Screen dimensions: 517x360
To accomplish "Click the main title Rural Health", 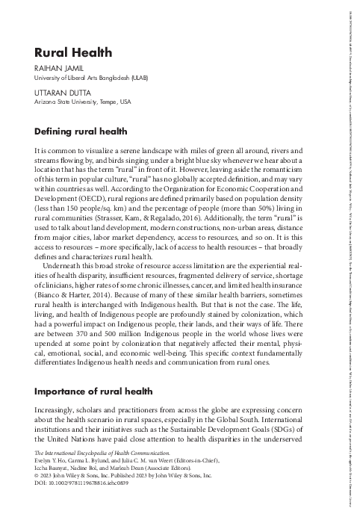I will tap(73, 52).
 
